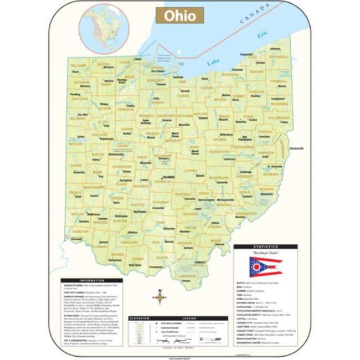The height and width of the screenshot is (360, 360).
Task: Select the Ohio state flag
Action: [265, 267]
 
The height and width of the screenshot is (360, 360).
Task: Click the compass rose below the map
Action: [160, 297]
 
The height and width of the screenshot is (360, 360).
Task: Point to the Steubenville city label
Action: [296, 148]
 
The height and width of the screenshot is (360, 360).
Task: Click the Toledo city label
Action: [137, 59]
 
